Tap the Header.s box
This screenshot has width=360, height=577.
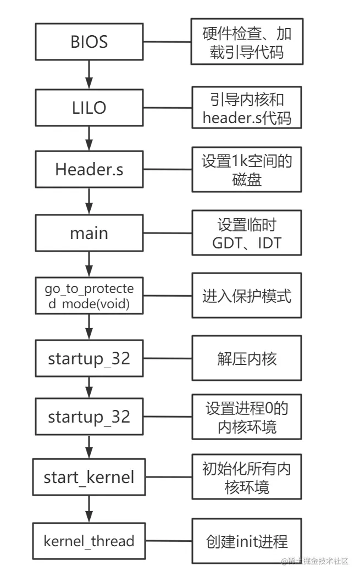click(88, 169)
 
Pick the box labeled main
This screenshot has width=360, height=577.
click(88, 233)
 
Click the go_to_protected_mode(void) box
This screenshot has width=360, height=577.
click(88, 296)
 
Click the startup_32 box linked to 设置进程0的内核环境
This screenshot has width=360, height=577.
click(88, 417)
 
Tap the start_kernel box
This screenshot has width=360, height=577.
click(88, 477)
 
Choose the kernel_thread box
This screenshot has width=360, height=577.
click(88, 541)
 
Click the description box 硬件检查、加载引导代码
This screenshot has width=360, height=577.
click(246, 43)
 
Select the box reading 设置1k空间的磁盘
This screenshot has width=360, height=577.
click(246, 170)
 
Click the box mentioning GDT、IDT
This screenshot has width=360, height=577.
click(246, 234)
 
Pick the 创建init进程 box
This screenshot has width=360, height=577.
click(246, 542)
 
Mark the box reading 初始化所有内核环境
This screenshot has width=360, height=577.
click(246, 477)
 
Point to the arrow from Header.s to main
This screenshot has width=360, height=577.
click(88, 201)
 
